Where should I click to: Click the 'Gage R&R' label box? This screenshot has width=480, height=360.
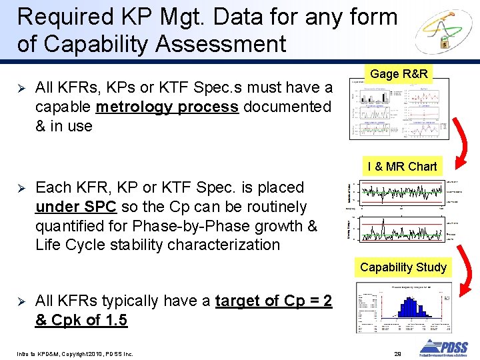click(x=399, y=74)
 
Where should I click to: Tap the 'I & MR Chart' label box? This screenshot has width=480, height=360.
click(x=402, y=167)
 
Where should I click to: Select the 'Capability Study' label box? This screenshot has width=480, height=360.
click(x=403, y=267)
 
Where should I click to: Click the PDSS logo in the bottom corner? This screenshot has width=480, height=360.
click(x=443, y=348)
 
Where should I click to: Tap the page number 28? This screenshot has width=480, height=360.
click(x=397, y=352)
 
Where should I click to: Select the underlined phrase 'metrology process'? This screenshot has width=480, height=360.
click(x=167, y=107)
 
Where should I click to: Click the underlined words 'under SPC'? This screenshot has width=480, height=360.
click(x=76, y=207)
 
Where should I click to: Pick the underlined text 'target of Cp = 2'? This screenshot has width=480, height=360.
click(x=273, y=301)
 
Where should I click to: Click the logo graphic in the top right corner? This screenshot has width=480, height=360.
click(x=443, y=33)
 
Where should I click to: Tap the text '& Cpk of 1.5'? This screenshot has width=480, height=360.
click(x=81, y=320)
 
